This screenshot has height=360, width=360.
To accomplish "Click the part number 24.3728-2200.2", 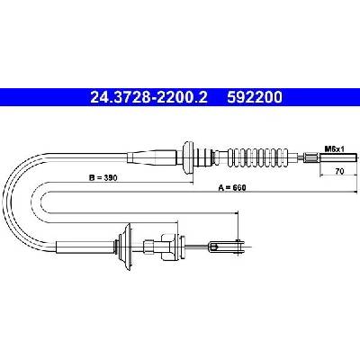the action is tap(148, 97).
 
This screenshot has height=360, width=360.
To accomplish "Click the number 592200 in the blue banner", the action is tap(255, 97).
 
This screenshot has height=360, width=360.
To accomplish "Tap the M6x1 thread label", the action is tap(334, 148).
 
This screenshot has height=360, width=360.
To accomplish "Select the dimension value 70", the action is tap(339, 171).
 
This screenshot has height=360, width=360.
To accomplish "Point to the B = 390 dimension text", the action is tap(103, 177).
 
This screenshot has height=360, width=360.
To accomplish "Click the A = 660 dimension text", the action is tap(232, 188).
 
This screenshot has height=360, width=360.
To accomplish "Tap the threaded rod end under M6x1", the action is tap(338, 157).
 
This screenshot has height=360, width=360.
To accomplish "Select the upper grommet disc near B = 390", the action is tap(188, 157).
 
